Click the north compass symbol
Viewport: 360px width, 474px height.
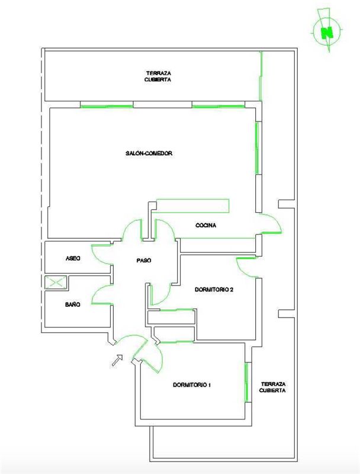[x=326, y=31]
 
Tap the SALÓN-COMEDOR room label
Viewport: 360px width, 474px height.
[x=149, y=153]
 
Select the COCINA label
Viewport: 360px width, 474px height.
[x=205, y=225]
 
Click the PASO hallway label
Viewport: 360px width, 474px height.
[x=143, y=260]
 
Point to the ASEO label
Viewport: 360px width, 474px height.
[x=73, y=258]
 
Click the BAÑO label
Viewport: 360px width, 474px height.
[x=73, y=305]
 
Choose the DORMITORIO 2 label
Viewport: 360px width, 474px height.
[x=214, y=289]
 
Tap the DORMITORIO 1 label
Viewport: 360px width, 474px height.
[x=192, y=385]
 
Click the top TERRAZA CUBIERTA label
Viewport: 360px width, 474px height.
[x=158, y=76]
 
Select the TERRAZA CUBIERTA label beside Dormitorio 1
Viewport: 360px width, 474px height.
[x=273, y=387]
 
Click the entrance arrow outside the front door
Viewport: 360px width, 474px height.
[x=117, y=360]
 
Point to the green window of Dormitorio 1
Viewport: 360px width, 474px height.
[x=246, y=382]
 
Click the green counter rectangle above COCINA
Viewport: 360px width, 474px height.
[x=192, y=206]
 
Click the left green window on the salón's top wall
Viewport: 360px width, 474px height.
[x=107, y=106]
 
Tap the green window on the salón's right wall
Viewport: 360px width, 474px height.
[x=258, y=148]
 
